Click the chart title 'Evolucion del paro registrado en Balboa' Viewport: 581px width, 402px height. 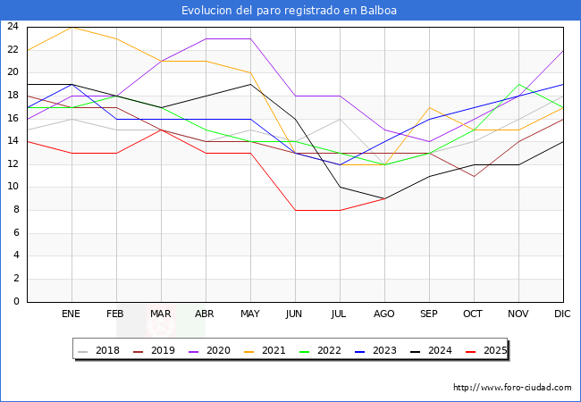coord(290,11)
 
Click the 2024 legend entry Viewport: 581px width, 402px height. coord(433,350)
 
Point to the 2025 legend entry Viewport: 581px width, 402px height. coord(486,350)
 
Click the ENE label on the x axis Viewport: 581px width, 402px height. coord(72,314)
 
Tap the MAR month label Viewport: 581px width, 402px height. coord(161,314)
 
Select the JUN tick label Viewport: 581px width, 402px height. coord(295,314)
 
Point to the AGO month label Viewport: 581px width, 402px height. coord(384,314)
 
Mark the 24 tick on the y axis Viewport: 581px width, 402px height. coord(13,27)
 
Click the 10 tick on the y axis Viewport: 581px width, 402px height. coord(13,187)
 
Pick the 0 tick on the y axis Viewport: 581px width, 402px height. coord(16,301)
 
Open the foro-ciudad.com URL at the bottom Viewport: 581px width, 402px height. coord(512,388)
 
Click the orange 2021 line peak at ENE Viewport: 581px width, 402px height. coord(72,27)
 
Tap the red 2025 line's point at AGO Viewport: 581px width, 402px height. coord(384,198)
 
